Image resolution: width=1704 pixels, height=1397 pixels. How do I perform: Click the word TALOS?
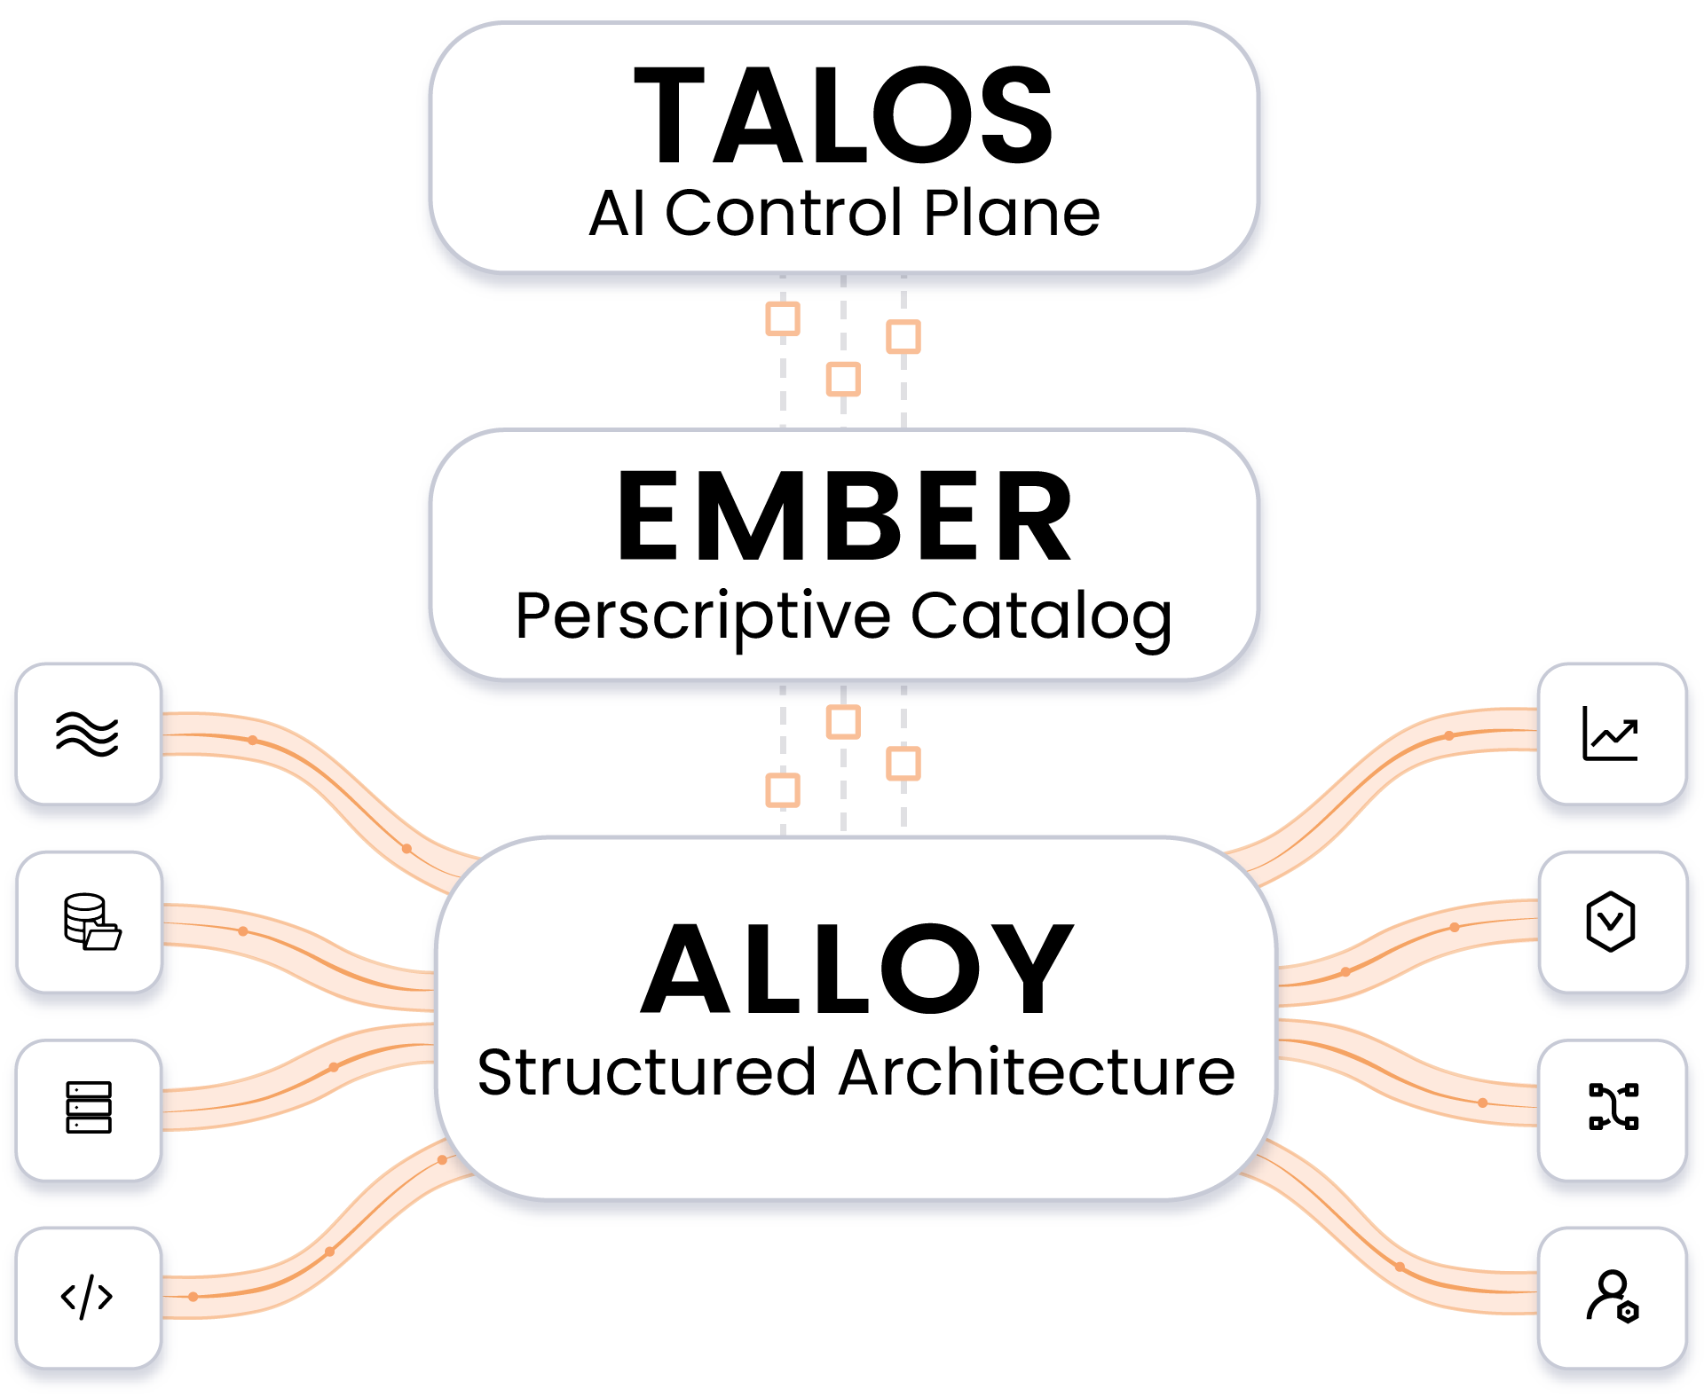[843, 115]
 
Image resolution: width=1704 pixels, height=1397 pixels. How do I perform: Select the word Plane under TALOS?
[1012, 214]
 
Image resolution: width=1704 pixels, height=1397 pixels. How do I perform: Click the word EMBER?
[844, 517]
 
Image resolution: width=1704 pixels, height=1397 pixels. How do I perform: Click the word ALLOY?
[856, 969]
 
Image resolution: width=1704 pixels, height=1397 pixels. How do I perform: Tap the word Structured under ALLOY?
[646, 1072]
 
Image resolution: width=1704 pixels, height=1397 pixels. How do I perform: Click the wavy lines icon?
[87, 734]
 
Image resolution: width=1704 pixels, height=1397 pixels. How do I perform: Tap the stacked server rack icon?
[89, 1108]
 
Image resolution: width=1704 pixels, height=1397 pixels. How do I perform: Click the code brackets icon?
[87, 1298]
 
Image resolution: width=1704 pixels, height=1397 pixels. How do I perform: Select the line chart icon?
[1610, 734]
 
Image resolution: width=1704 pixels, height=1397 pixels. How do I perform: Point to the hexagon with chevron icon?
[1610, 922]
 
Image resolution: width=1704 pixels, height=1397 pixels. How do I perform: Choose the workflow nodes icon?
[1613, 1107]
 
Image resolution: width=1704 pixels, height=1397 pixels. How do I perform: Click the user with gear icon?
[1612, 1297]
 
